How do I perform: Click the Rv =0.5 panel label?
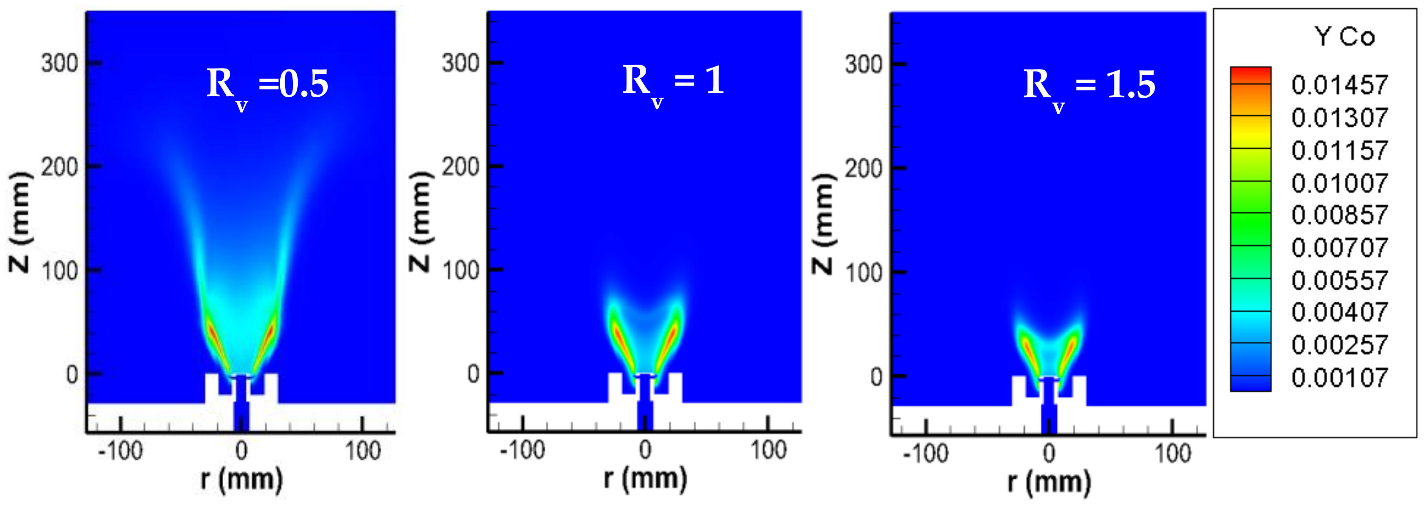[268, 86]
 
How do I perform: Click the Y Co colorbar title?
[1345, 37]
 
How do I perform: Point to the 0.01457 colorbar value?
[1340, 85]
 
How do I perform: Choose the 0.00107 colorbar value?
[1340, 378]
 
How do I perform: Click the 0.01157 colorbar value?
[1340, 150]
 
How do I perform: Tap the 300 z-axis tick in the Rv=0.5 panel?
[59, 64]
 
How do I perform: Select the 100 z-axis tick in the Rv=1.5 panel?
[863, 272]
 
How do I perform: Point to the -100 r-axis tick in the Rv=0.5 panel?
[120, 451]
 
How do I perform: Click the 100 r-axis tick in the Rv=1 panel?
[768, 450]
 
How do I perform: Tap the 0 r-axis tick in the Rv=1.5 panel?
[1049, 454]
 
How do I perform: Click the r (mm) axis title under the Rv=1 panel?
[645, 479]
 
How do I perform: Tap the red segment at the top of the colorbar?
[1250, 75]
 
